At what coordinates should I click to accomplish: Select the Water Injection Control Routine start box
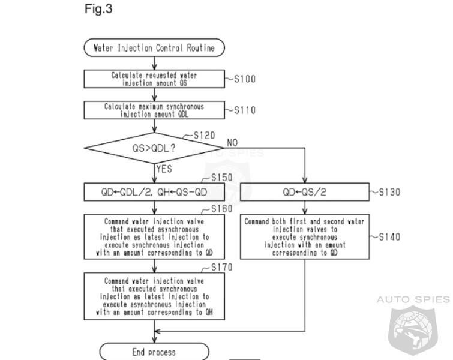pyautogui.click(x=154, y=47)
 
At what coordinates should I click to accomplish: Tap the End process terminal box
pyautogui.click(x=154, y=352)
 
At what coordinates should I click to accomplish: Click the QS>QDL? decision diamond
pyautogui.click(x=154, y=146)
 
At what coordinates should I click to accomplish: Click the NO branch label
pyautogui.click(x=232, y=143)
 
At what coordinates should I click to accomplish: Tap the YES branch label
pyautogui.click(x=164, y=169)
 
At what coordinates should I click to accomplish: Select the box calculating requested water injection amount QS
pyautogui.click(x=154, y=79)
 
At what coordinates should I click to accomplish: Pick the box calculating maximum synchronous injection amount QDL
pyautogui.click(x=154, y=110)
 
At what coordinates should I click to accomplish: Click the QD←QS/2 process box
pyautogui.click(x=305, y=192)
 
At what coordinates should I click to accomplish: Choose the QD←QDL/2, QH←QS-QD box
pyautogui.click(x=154, y=192)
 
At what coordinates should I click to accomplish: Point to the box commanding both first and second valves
pyautogui.click(x=305, y=237)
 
